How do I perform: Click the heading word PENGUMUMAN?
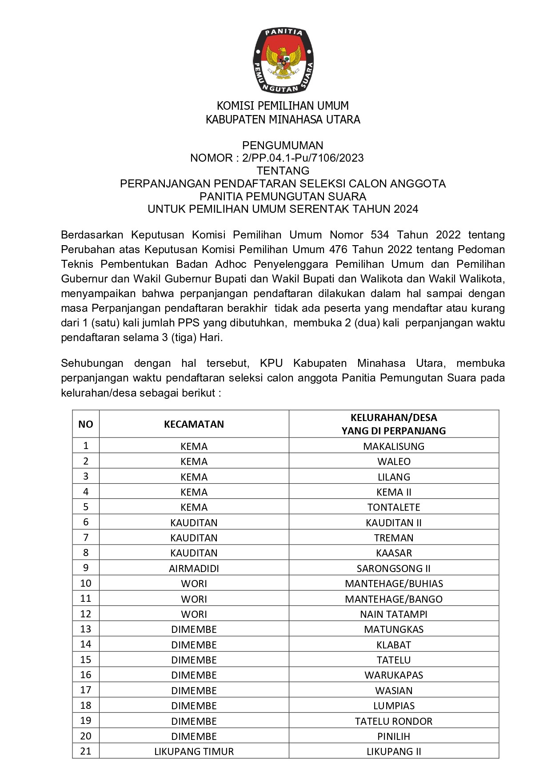[283, 145]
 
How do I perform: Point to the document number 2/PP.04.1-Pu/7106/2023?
[303, 158]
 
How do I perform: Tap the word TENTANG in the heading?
[283, 171]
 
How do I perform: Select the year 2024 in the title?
[405, 209]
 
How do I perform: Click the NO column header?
[86, 424]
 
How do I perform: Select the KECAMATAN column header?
[194, 424]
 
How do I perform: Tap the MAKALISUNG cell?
[394, 446]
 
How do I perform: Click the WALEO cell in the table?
[394, 461]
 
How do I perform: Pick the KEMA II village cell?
[394, 492]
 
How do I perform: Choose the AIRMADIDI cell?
[194, 568]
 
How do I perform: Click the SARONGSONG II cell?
[394, 568]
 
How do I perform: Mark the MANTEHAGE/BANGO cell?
[394, 599]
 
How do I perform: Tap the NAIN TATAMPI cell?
[394, 614]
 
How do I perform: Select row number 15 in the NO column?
[86, 660]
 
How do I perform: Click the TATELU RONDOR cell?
[394, 721]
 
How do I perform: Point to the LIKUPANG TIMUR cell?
[194, 751]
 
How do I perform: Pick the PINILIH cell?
[394, 736]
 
